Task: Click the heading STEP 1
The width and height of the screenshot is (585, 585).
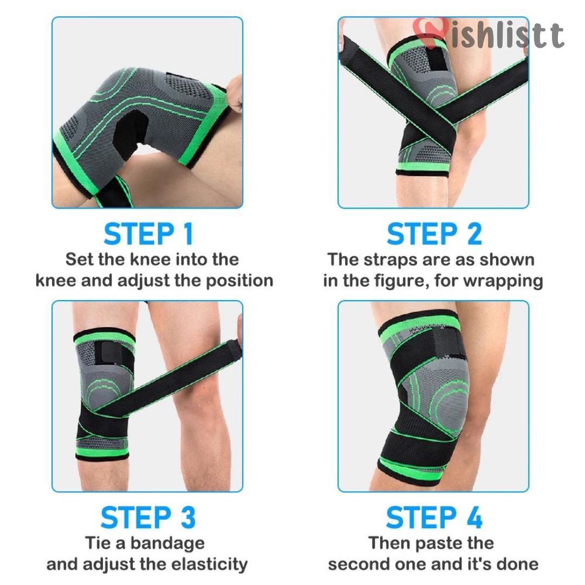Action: pos(148,235)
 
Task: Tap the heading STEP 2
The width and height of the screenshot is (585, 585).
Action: pos(434,235)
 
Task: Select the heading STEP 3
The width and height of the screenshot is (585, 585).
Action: pos(148,517)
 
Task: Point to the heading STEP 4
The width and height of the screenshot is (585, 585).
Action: pos(434,517)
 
